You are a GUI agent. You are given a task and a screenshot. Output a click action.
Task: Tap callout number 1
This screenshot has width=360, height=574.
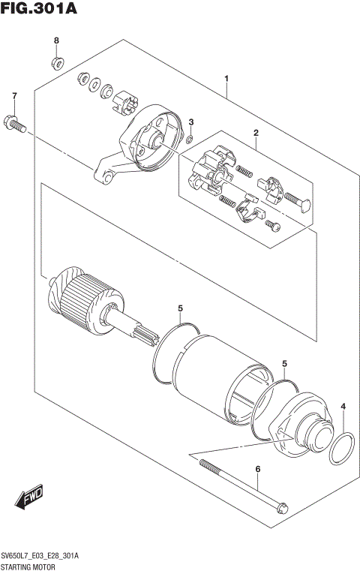click(x=226, y=79)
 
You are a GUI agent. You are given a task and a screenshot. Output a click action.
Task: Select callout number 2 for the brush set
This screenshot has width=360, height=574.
click(x=256, y=134)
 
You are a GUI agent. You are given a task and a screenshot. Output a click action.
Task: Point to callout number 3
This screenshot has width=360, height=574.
click(x=190, y=122)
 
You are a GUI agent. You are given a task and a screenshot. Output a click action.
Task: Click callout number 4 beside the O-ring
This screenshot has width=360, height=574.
click(x=343, y=407)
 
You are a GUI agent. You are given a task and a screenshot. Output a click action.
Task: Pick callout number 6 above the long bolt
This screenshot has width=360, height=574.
click(x=257, y=470)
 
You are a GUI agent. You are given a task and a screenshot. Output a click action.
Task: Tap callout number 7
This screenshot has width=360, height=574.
click(x=13, y=96)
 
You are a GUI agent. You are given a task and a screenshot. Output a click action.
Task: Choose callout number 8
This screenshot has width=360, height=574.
click(x=56, y=40)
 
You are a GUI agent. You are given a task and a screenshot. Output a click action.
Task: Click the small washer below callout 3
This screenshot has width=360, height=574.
click(x=190, y=138)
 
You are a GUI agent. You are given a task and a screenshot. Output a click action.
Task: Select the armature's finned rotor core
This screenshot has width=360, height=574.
click(x=82, y=301)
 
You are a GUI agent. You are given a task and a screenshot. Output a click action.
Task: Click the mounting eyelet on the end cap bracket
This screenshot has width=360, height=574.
click(x=106, y=175)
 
